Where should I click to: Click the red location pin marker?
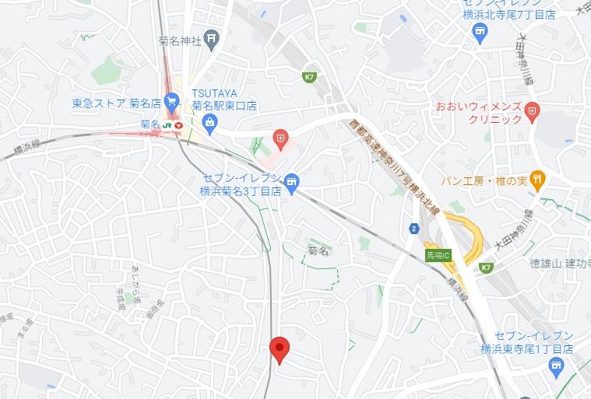pyautogui.click(x=280, y=348)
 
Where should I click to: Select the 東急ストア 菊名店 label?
pyautogui.click(x=116, y=103)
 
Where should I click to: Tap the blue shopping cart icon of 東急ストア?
pyautogui.click(x=172, y=100)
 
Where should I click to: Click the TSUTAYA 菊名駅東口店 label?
pyautogui.click(x=224, y=99)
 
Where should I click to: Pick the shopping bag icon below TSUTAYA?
pyautogui.click(x=209, y=121)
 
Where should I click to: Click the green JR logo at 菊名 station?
pyautogui.click(x=167, y=124)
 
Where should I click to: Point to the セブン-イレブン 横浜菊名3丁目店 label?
pyautogui.click(x=238, y=184)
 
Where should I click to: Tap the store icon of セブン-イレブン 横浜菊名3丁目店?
pyautogui.click(x=291, y=183)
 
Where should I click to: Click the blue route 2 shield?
pyautogui.click(x=413, y=228)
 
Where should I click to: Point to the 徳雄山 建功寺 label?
pyautogui.click(x=560, y=264)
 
